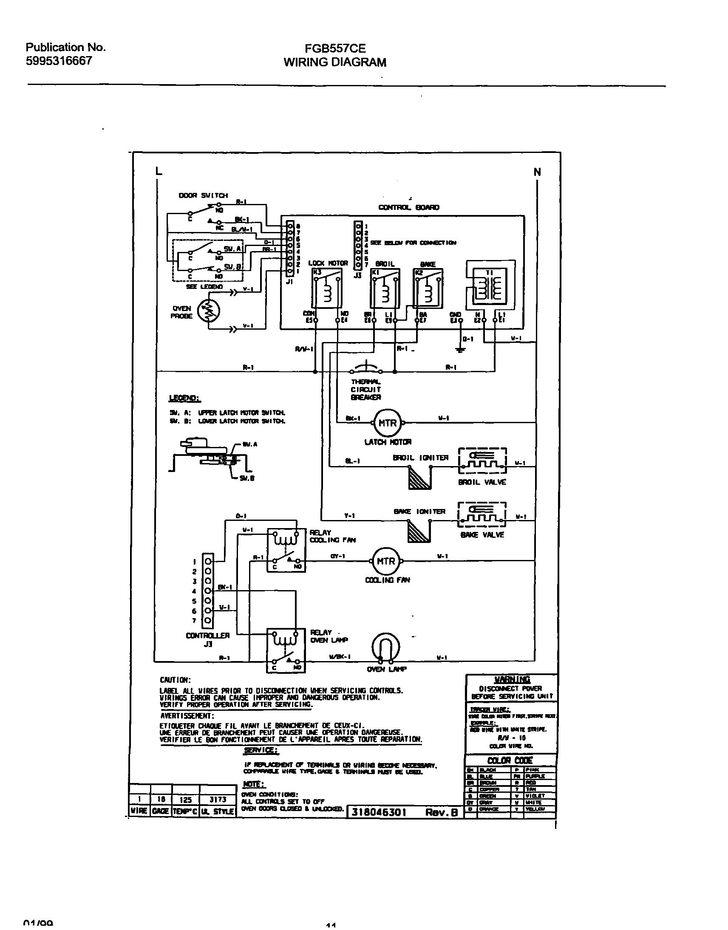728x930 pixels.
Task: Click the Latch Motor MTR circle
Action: (388, 423)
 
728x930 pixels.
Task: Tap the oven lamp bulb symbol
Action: (386, 647)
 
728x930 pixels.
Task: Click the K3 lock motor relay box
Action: (326, 288)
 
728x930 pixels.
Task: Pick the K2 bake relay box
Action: (428, 288)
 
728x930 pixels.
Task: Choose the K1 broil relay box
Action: (385, 288)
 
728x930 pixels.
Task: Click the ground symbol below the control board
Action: (460, 350)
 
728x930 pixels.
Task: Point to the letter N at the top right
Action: (537, 172)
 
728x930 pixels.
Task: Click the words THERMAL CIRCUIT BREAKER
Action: (365, 390)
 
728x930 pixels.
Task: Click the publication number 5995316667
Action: (59, 61)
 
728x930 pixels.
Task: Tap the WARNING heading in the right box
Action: (512, 679)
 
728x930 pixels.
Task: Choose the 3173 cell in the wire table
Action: (218, 800)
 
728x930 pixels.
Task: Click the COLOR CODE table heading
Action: (510, 760)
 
